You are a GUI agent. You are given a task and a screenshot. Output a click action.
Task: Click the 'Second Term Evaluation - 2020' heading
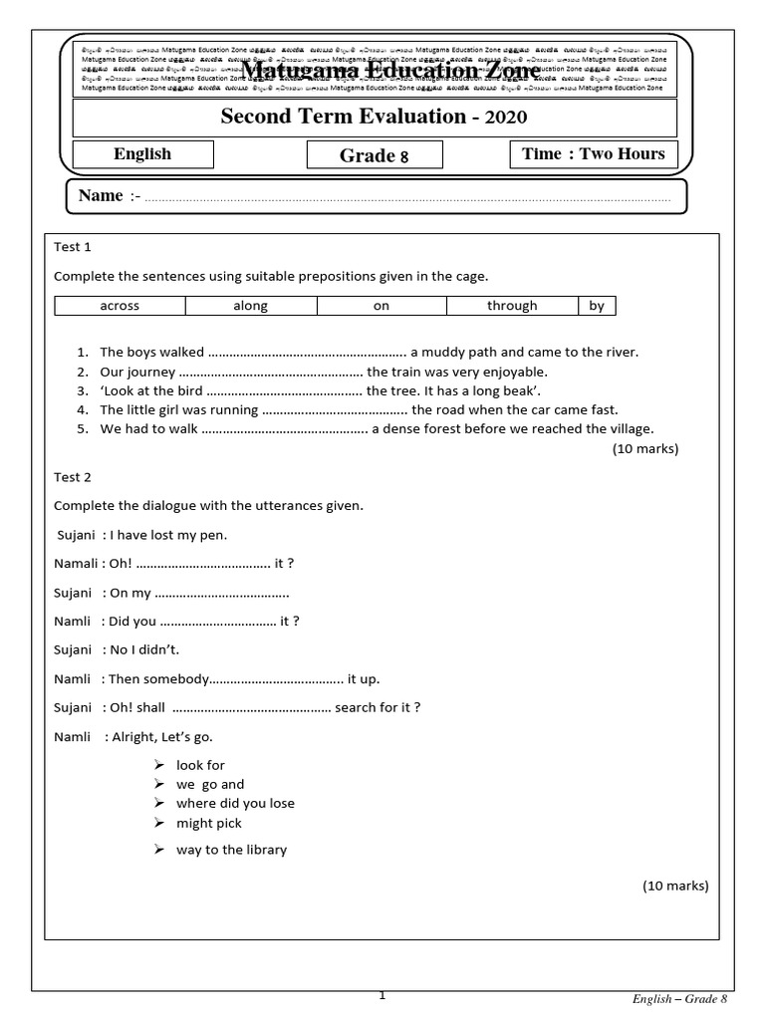pyautogui.click(x=374, y=118)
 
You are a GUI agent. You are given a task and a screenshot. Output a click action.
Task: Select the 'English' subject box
pyautogui.click(x=142, y=154)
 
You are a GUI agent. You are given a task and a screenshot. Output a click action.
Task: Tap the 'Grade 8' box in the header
pyautogui.click(x=375, y=155)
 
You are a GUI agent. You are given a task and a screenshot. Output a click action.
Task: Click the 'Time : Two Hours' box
pyautogui.click(x=595, y=153)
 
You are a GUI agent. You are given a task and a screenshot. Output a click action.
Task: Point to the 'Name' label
pyautogui.click(x=101, y=195)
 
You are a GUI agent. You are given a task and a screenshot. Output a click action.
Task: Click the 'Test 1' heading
pyautogui.click(x=72, y=247)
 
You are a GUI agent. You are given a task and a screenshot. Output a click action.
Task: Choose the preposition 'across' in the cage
pyautogui.click(x=120, y=306)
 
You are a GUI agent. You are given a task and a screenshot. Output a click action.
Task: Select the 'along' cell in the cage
pyautogui.click(x=250, y=306)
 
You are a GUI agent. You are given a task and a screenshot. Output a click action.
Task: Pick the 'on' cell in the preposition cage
pyautogui.click(x=381, y=306)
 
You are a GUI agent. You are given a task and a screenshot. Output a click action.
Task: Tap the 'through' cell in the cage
pyautogui.click(x=512, y=306)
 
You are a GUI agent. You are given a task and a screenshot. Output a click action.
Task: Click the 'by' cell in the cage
pyautogui.click(x=597, y=306)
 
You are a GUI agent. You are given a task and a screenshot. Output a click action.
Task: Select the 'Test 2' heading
pyautogui.click(x=72, y=477)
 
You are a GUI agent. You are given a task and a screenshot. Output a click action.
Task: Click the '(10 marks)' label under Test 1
pyautogui.click(x=644, y=448)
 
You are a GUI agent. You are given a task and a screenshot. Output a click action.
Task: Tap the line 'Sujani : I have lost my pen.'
pyautogui.click(x=141, y=535)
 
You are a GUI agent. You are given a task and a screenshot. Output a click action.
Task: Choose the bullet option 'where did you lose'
pyautogui.click(x=235, y=803)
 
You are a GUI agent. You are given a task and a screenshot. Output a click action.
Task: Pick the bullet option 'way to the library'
pyautogui.click(x=231, y=850)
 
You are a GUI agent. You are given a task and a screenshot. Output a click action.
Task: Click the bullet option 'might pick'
pyautogui.click(x=209, y=823)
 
